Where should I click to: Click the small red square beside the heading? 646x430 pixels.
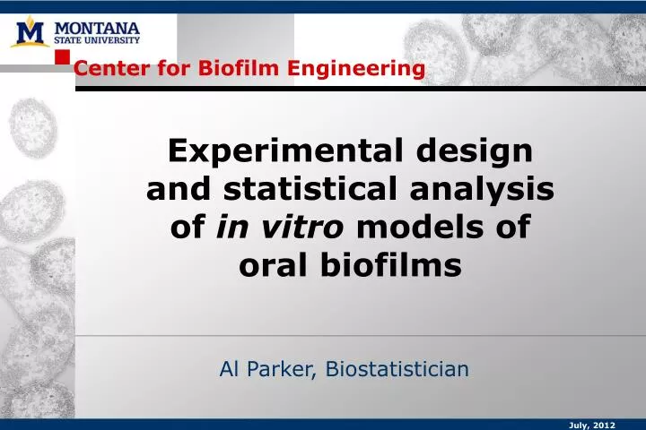tap(63, 57)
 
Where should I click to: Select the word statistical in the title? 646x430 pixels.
tap(319, 191)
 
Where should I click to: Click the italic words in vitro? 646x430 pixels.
tap(281, 228)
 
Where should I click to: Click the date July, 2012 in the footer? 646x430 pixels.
tap(592, 426)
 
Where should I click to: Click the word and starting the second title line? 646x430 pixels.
tap(177, 191)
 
